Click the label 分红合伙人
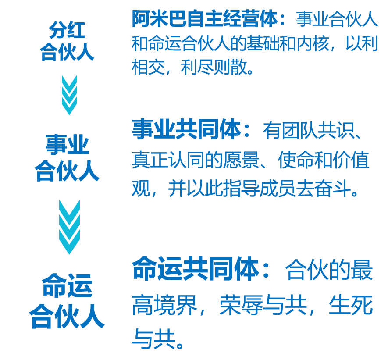(x=67, y=42)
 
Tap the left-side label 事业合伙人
(x=67, y=158)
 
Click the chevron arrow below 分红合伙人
(x=69, y=94)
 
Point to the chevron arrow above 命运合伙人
(x=69, y=226)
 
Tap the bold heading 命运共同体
(x=196, y=269)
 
